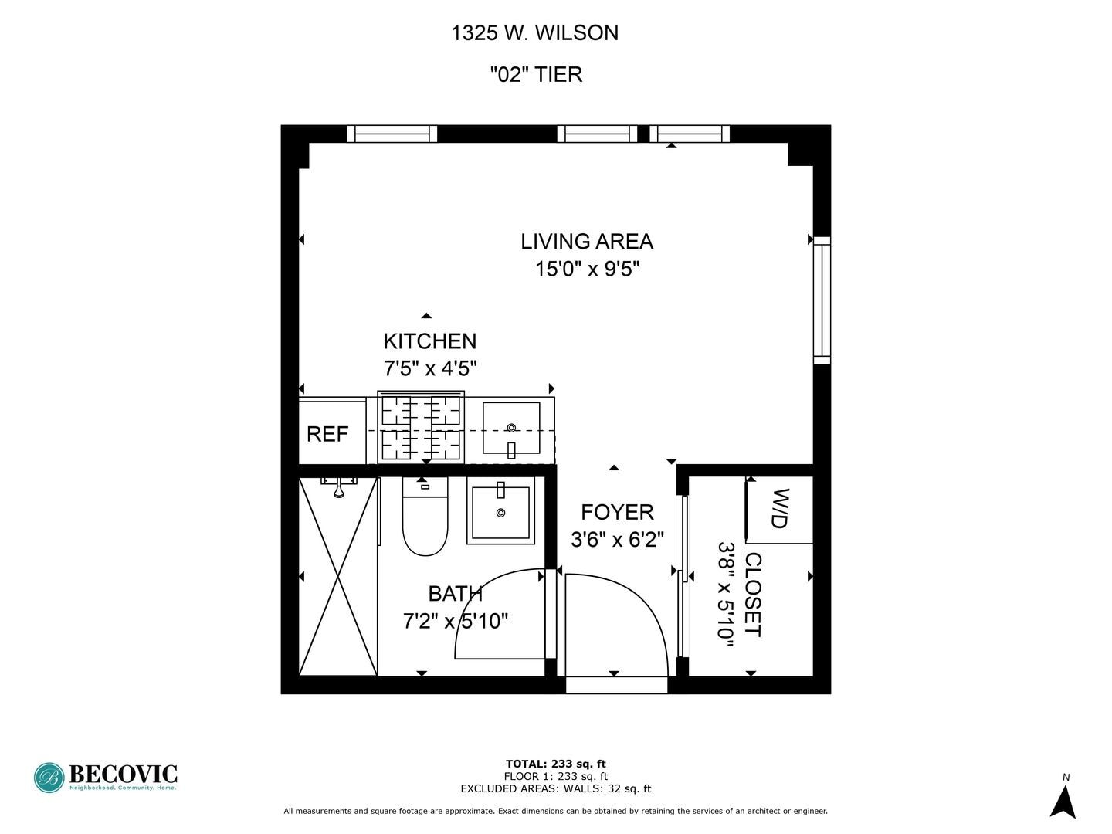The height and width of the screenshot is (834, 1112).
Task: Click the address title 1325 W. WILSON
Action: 534,32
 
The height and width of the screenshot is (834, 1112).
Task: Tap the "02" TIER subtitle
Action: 536,74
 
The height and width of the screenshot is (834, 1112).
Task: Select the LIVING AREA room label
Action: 587,242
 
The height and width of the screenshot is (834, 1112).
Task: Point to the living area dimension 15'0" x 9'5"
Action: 587,270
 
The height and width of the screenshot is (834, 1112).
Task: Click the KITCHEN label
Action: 429,341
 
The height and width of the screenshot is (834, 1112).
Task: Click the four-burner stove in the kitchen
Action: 421,428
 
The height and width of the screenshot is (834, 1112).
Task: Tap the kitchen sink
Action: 511,429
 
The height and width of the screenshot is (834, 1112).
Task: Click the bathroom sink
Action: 500,510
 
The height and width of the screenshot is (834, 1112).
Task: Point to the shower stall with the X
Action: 337,576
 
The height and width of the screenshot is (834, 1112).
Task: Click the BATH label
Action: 456,594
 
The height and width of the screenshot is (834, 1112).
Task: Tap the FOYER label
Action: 617,512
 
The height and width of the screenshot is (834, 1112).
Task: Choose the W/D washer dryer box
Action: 779,509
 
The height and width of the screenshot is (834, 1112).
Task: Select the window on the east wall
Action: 822,300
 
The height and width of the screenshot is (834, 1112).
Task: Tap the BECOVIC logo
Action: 106,777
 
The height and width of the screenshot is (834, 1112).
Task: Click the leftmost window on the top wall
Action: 392,134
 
